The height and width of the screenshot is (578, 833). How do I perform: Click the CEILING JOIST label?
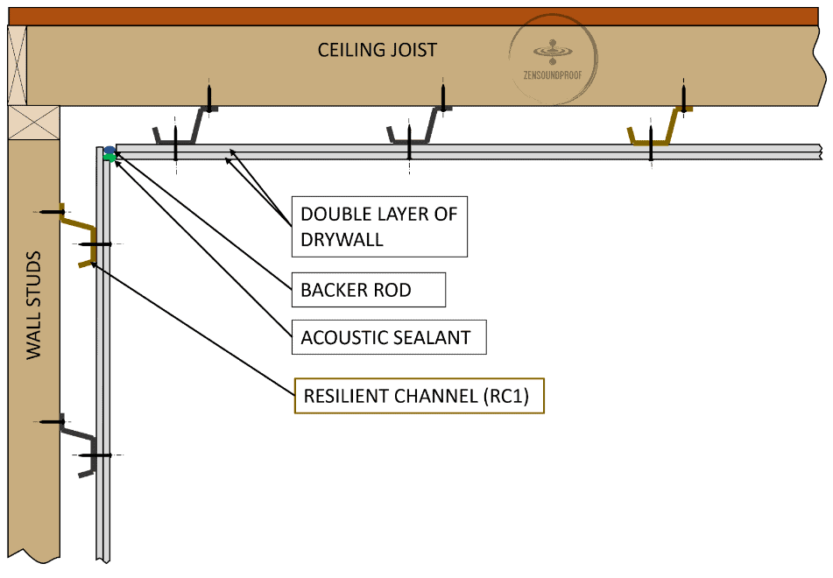pos(377,50)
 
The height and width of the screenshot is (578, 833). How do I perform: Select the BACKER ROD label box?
pos(368,290)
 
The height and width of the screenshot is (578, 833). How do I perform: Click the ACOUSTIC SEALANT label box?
pos(388,337)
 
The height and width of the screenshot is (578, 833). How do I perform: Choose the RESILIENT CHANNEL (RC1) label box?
pos(419,397)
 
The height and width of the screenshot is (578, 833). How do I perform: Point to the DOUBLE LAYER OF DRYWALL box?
pos(379,226)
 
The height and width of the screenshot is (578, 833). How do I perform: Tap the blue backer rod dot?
pos(109,151)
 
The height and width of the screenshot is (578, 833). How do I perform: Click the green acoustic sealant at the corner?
pos(109,158)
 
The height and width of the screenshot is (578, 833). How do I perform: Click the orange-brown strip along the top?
pos(416,15)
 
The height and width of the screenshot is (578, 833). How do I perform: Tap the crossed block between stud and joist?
pos(34,123)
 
